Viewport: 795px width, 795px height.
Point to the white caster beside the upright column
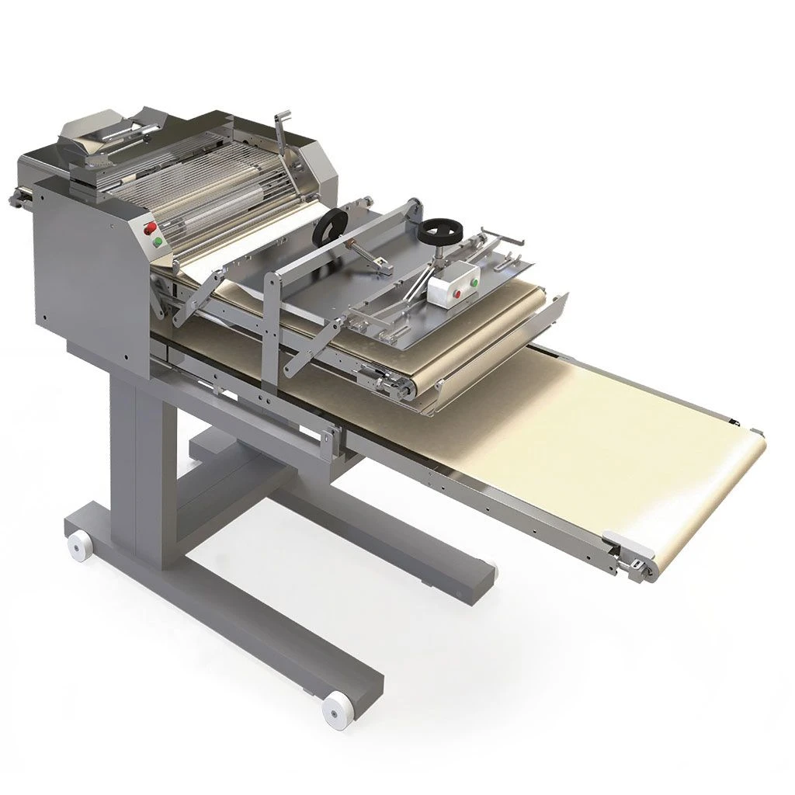[x=77, y=547]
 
